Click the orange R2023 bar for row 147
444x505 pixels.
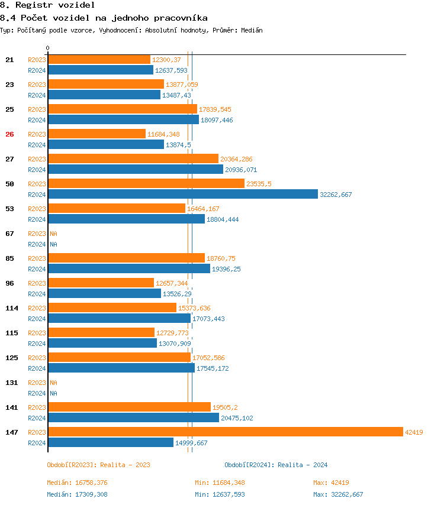click(x=225, y=432)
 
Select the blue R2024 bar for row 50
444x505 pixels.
click(x=182, y=194)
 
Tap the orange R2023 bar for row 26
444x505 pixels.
click(x=96, y=134)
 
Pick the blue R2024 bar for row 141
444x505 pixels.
click(x=133, y=417)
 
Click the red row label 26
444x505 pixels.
click(x=9, y=134)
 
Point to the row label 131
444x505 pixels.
click(x=11, y=383)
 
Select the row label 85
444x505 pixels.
click(x=9, y=258)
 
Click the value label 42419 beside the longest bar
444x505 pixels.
click(x=414, y=432)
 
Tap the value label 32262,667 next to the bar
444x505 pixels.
click(x=336, y=195)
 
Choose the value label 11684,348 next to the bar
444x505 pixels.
click(x=163, y=134)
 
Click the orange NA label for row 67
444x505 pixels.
click(x=53, y=234)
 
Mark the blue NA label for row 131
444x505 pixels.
click(x=53, y=393)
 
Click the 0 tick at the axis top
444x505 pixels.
click(x=48, y=48)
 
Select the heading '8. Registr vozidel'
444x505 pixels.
click(x=47, y=5)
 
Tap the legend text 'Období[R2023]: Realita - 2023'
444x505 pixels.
click(x=98, y=465)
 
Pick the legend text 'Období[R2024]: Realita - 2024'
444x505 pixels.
click(x=276, y=465)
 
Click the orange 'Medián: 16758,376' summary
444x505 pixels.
click(x=77, y=483)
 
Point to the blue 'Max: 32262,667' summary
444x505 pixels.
click(x=338, y=494)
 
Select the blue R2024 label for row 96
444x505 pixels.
click(x=37, y=294)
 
